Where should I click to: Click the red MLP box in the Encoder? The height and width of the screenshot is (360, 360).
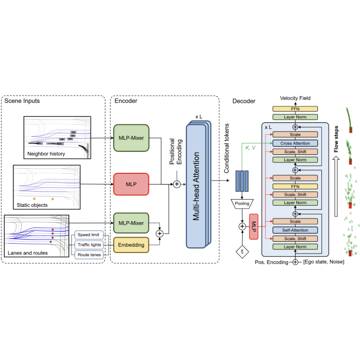131,184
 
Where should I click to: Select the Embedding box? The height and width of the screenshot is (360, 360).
131,245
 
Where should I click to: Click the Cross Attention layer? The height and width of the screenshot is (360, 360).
295,143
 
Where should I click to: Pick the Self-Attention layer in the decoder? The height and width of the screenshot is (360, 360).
295,229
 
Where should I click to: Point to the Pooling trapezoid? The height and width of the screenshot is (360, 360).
242,203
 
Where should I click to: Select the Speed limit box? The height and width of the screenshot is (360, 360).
89,235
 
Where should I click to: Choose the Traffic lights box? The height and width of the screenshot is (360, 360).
89,245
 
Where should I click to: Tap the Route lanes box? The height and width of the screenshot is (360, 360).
89,254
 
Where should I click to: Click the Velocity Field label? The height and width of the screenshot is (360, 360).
295,98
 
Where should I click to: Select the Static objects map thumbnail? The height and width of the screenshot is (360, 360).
47,187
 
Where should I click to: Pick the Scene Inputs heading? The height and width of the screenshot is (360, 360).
22,101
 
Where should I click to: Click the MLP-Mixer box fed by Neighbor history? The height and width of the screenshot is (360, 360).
131,138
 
